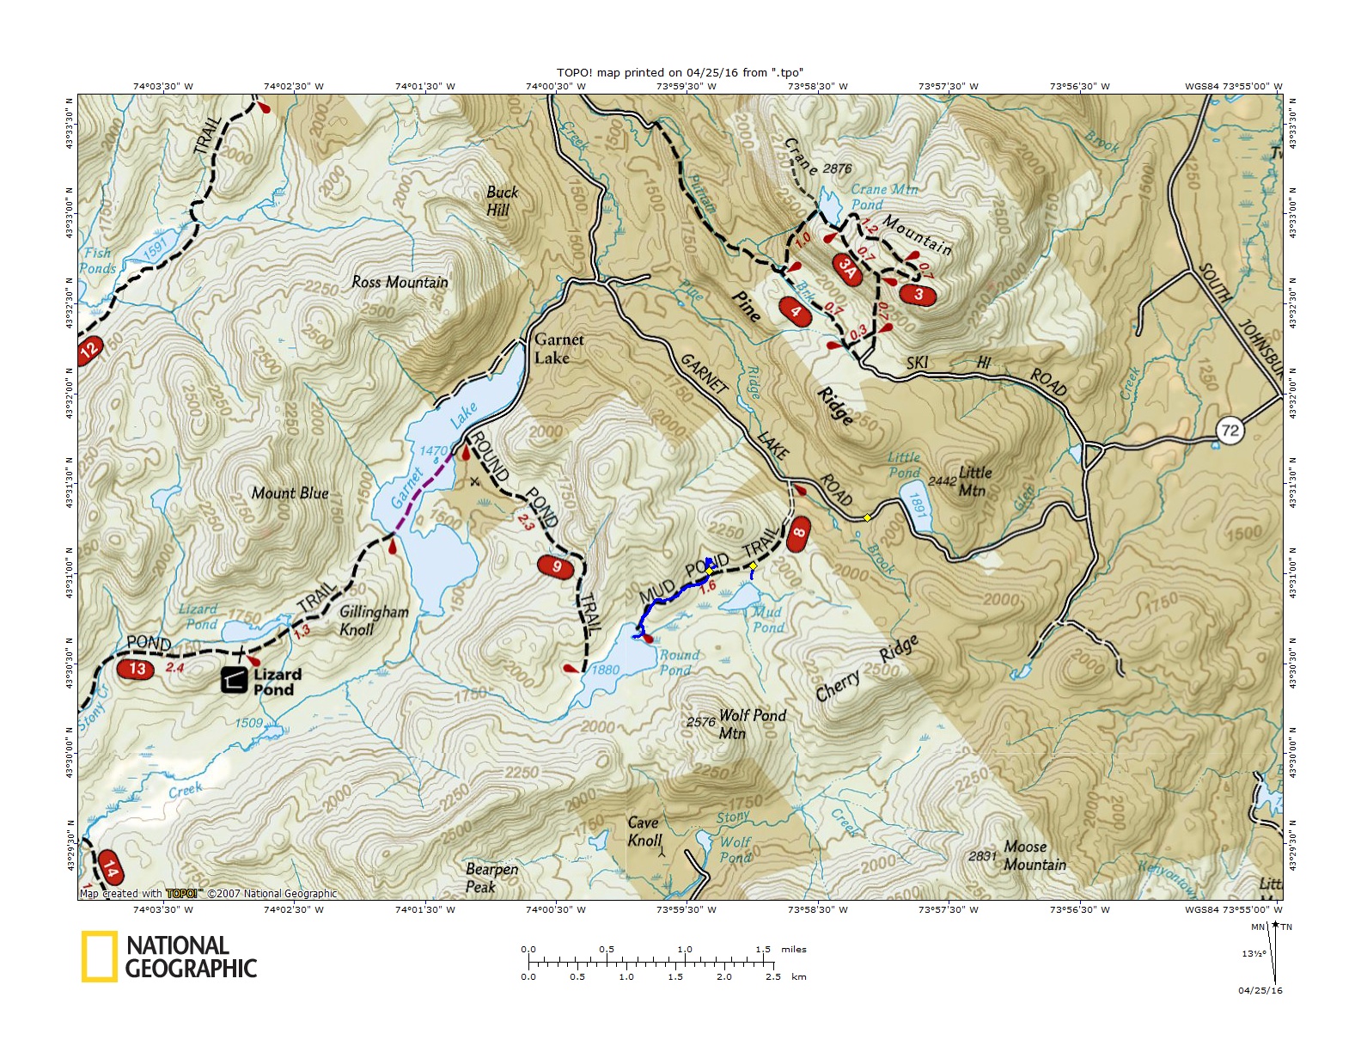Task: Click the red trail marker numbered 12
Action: point(89,349)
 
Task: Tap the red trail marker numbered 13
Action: point(137,669)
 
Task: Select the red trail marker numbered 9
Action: point(556,566)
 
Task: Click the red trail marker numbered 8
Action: point(798,533)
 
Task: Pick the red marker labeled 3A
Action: point(848,269)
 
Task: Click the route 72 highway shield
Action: point(1230,430)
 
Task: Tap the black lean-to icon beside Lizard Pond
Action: point(234,680)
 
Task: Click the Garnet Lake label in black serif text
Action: point(558,349)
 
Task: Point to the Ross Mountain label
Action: point(400,282)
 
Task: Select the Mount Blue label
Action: point(290,493)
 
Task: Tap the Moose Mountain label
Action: point(1034,856)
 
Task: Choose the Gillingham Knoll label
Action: point(373,620)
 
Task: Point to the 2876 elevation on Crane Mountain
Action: point(837,168)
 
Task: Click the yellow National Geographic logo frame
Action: point(100,957)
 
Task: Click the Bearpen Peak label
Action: point(491,878)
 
